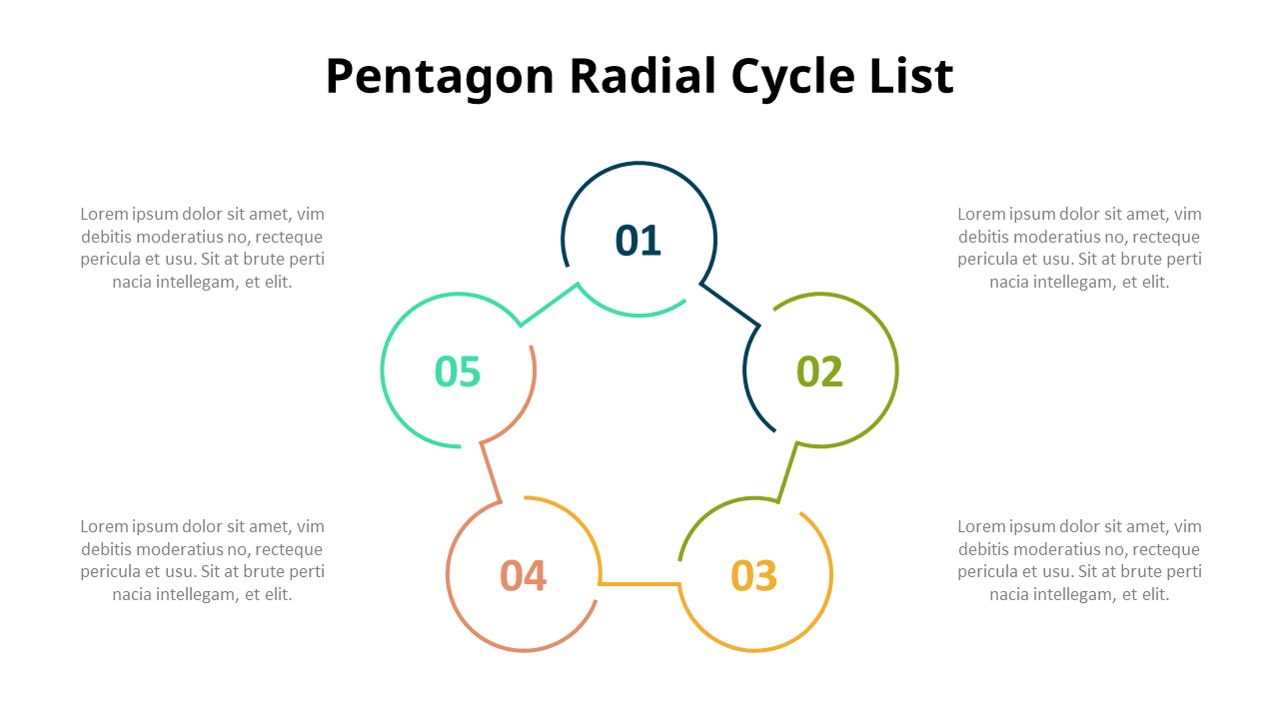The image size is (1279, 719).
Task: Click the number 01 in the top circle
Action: pyautogui.click(x=639, y=241)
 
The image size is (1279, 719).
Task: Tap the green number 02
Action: pyautogui.click(x=819, y=371)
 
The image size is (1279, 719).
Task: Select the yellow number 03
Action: pyautogui.click(x=754, y=576)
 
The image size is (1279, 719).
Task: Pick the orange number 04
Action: pyautogui.click(x=524, y=576)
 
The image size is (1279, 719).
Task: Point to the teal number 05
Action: pyautogui.click(x=458, y=371)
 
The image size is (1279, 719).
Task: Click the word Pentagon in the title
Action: pyautogui.click(x=440, y=77)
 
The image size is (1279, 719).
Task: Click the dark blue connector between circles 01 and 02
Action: pyautogui.click(x=730, y=305)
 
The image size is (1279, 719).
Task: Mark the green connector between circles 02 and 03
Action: pyautogui.click(x=788, y=470)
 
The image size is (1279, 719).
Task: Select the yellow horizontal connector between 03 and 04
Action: pyautogui.click(x=639, y=583)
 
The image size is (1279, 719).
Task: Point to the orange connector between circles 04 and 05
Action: pyautogui.click(x=490, y=470)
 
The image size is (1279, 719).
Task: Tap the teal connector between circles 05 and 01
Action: pyautogui.click(x=549, y=305)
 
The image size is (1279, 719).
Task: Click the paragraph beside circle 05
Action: pyautogui.click(x=203, y=248)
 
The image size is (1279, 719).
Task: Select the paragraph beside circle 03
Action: pyautogui.click(x=1079, y=560)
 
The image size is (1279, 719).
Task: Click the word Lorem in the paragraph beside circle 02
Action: pyautogui.click(x=980, y=214)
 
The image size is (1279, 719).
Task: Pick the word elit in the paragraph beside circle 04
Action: pyautogui.click(x=277, y=594)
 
